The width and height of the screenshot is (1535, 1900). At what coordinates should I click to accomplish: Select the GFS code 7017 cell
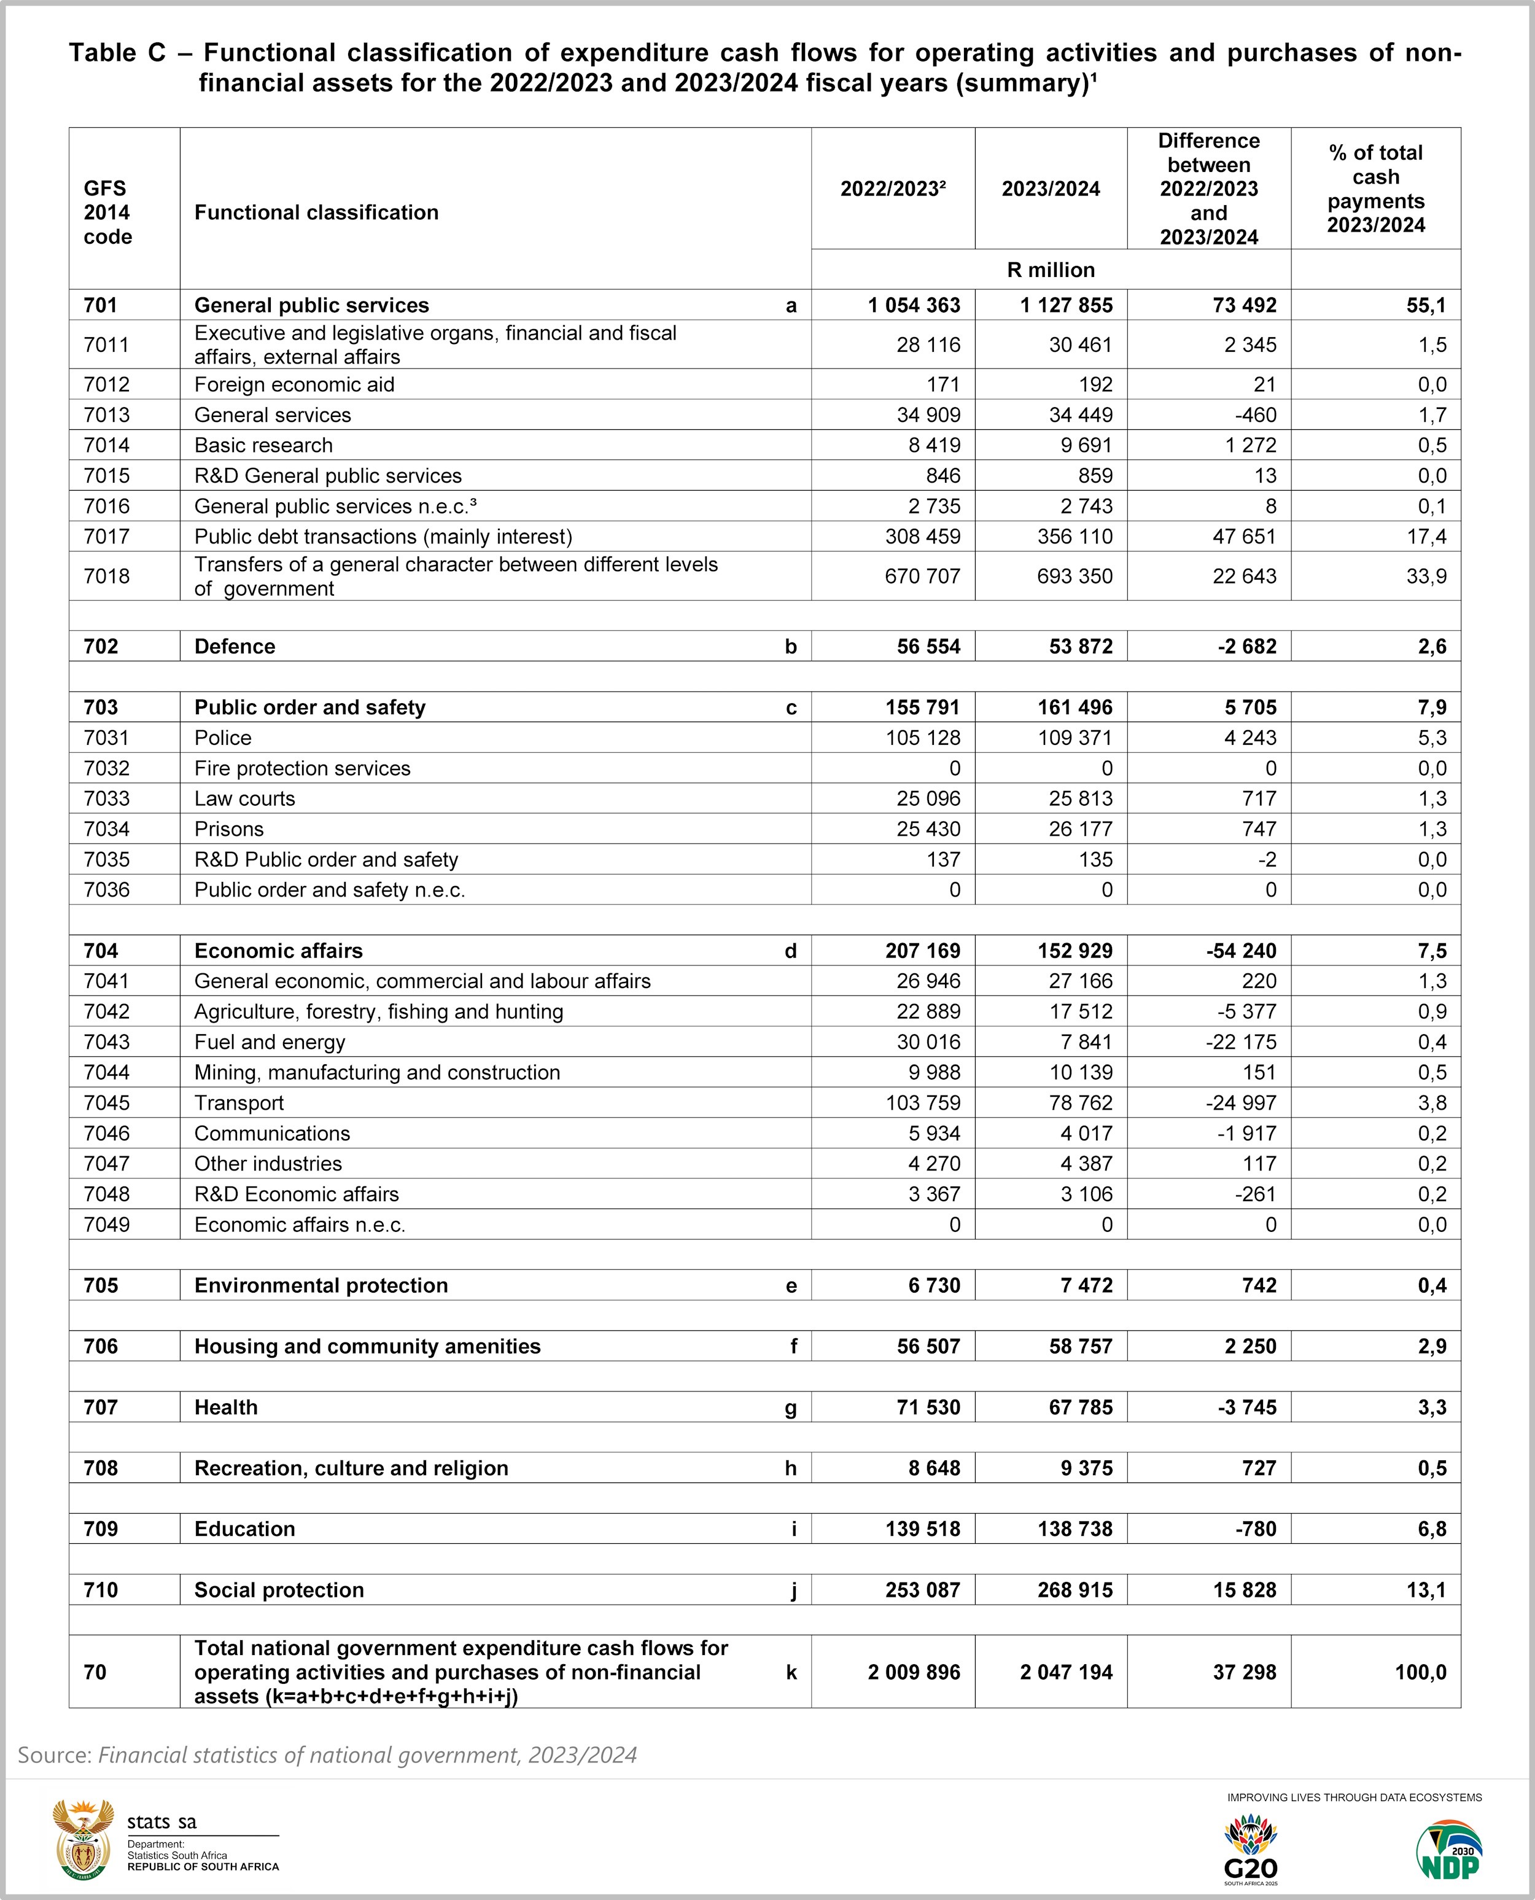[x=107, y=537]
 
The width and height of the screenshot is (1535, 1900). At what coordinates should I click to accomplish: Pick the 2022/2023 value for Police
[x=922, y=738]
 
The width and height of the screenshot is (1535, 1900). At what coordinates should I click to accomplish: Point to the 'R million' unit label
[x=1051, y=270]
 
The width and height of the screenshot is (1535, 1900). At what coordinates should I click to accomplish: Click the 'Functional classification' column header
[x=317, y=212]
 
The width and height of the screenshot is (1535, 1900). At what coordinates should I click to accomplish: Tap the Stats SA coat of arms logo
[x=83, y=1838]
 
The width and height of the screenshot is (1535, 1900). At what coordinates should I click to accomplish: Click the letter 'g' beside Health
[x=790, y=1407]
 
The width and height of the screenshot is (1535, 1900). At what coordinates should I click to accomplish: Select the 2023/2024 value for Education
[x=1074, y=1528]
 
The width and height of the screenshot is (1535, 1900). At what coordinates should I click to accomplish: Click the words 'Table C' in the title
[x=117, y=53]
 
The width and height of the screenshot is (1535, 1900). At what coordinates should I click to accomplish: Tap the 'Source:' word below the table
[x=55, y=1755]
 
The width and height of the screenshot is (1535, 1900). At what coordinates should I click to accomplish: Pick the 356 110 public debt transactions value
[x=1074, y=537]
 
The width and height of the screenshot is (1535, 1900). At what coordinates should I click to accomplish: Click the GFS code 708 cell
[x=101, y=1468]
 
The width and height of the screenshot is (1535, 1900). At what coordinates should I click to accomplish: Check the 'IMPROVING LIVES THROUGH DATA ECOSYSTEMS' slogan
[x=1354, y=1797]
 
